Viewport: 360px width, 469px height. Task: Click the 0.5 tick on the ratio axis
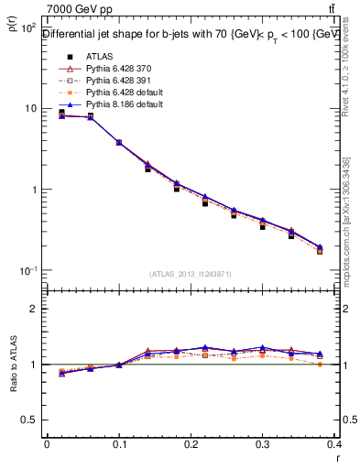point(29,420)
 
